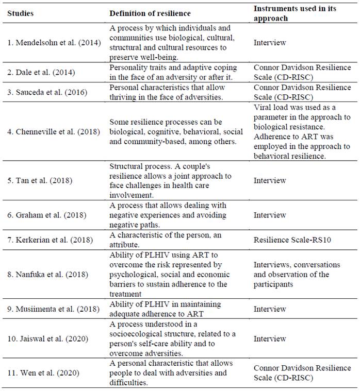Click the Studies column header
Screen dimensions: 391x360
pyautogui.click(x=20, y=13)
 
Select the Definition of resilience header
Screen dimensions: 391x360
pyautogui.click(x=150, y=13)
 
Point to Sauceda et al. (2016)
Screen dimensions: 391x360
pyautogui.click(x=45, y=92)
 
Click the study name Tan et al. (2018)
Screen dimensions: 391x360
pyautogui.click(x=39, y=181)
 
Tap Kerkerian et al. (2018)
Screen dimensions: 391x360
pyautogui.click(x=48, y=240)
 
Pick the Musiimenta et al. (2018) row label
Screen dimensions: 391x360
pyautogui.click(x=51, y=309)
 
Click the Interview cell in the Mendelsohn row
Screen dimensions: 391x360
pyautogui.click(x=269, y=43)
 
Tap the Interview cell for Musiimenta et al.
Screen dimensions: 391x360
pyautogui.click(x=269, y=309)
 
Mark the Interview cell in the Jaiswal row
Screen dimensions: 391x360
pyautogui.click(x=269, y=339)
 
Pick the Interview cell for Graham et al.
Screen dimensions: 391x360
pyautogui.click(x=269, y=215)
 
